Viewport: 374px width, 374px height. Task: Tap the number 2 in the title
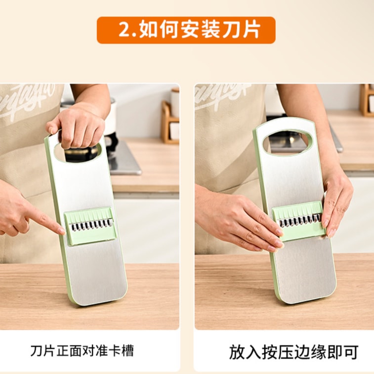(124, 30)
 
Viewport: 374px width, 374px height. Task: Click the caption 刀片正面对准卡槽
(82, 351)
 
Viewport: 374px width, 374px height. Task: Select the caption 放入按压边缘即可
(293, 352)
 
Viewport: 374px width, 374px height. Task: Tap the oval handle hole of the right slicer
(288, 141)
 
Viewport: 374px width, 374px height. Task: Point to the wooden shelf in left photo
(169, 124)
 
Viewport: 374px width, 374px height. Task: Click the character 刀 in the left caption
(35, 351)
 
